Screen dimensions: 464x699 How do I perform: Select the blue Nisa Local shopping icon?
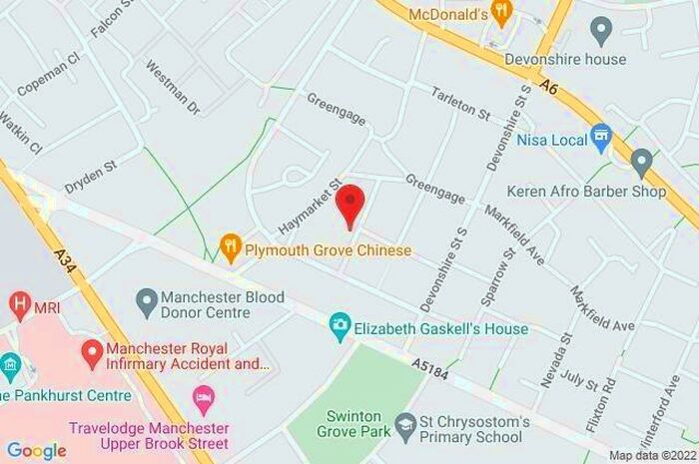click(600, 136)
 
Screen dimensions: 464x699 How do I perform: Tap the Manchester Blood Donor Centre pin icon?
click(148, 298)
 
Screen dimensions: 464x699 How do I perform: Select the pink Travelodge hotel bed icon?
click(204, 403)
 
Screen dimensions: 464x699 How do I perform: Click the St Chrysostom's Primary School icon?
click(404, 428)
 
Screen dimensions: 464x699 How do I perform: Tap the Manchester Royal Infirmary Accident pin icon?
click(92, 351)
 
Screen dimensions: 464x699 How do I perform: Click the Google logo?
click(36, 450)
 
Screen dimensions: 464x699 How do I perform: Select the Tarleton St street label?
click(460, 104)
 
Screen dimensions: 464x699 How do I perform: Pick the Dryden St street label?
click(91, 177)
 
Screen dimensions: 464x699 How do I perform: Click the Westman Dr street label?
click(173, 87)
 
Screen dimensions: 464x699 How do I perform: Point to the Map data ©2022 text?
click(650, 455)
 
